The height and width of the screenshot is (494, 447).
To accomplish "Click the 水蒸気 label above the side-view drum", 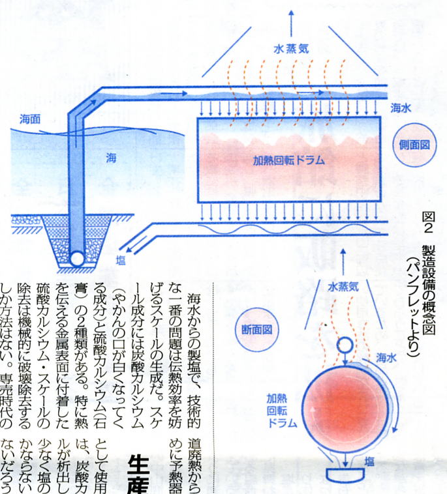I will [x=292, y=48].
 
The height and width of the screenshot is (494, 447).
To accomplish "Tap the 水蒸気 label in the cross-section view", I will [x=343, y=285].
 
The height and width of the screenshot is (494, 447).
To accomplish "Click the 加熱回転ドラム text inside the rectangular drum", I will [x=289, y=158].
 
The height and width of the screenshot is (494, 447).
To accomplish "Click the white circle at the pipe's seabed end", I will [x=78, y=258].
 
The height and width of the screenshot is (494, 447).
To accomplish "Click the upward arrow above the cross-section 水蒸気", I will [x=343, y=261].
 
